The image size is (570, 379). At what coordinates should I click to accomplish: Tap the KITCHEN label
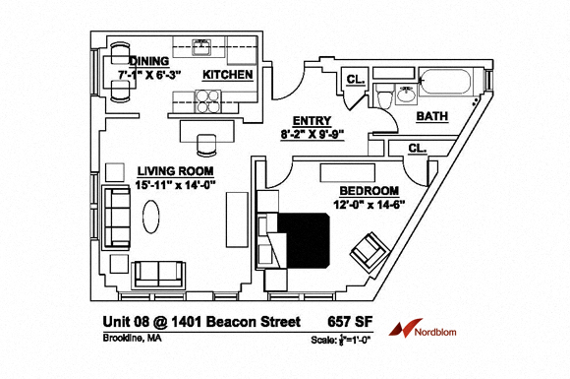[x=228, y=75]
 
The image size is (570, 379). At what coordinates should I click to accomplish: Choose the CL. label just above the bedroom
[x=417, y=148]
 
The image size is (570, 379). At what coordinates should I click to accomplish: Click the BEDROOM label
[x=369, y=190]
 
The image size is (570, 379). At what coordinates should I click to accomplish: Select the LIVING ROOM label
[x=175, y=168]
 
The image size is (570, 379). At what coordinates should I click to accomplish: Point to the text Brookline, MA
[x=133, y=340]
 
